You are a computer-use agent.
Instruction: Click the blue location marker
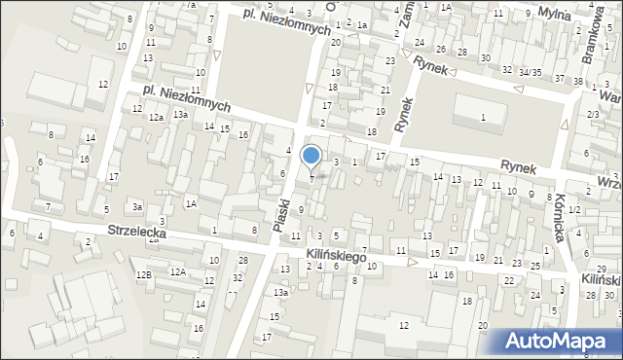pyautogui.click(x=311, y=155)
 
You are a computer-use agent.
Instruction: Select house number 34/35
pyautogui.click(x=530, y=72)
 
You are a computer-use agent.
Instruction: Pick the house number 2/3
pyautogui.click(x=593, y=115)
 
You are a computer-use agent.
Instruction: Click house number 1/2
pyautogui.click(x=574, y=210)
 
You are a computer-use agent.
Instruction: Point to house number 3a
pyautogui.click(x=138, y=207)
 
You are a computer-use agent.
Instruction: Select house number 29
pyautogui.click(x=602, y=269)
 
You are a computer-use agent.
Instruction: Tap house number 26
pyautogui.click(x=441, y=49)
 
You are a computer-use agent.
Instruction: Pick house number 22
pyautogui.click(x=509, y=280)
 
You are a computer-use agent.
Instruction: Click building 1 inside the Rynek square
pyautogui.click(x=483, y=118)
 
